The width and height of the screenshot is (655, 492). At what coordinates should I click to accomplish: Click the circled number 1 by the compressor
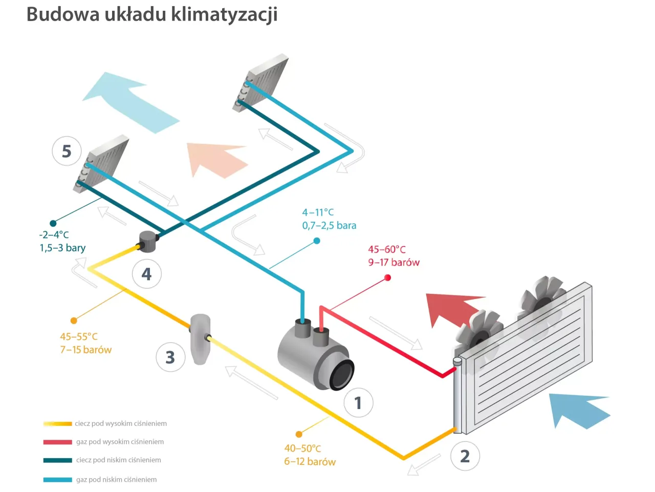[358, 403]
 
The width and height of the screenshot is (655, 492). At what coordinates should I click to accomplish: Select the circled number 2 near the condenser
[465, 456]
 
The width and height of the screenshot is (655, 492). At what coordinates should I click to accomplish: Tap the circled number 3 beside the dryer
[170, 357]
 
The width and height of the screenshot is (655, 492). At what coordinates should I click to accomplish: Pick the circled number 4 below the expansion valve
[147, 274]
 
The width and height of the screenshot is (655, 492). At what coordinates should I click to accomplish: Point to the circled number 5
[67, 151]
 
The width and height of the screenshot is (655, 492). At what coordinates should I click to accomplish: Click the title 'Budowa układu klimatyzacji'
[152, 14]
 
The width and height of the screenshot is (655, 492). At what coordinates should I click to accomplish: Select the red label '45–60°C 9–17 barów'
[394, 256]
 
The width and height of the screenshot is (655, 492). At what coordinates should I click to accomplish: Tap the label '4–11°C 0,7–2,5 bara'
[329, 219]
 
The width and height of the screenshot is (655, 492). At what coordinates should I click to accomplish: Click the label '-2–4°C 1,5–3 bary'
[62, 242]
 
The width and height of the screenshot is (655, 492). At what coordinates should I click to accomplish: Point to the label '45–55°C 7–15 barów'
[85, 344]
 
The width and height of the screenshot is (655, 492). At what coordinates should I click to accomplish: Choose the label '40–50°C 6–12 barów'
[310, 455]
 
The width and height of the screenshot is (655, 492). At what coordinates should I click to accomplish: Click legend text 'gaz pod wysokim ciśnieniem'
[120, 442]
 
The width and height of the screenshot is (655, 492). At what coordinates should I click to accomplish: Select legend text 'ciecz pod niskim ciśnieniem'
[118, 460]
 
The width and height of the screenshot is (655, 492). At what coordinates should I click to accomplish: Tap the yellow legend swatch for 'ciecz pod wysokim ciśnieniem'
[57, 424]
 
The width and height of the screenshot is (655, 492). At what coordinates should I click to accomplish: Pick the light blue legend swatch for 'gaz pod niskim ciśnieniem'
[57, 480]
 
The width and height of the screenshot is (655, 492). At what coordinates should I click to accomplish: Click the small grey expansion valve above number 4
[147, 241]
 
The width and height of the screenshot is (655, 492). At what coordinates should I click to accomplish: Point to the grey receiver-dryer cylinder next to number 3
[200, 338]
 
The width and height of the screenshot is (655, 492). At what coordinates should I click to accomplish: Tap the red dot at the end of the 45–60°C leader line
[387, 277]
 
